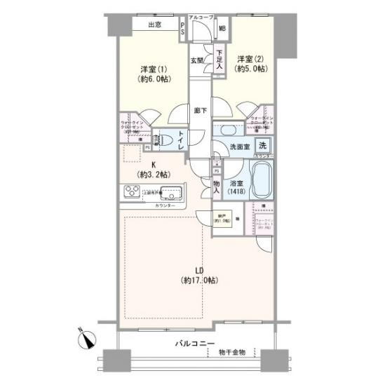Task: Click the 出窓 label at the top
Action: tap(156, 25)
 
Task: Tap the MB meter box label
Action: tap(222, 29)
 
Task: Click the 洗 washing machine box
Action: tap(262, 146)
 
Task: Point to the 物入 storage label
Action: tap(217, 185)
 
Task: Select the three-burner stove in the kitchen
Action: tap(133, 191)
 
